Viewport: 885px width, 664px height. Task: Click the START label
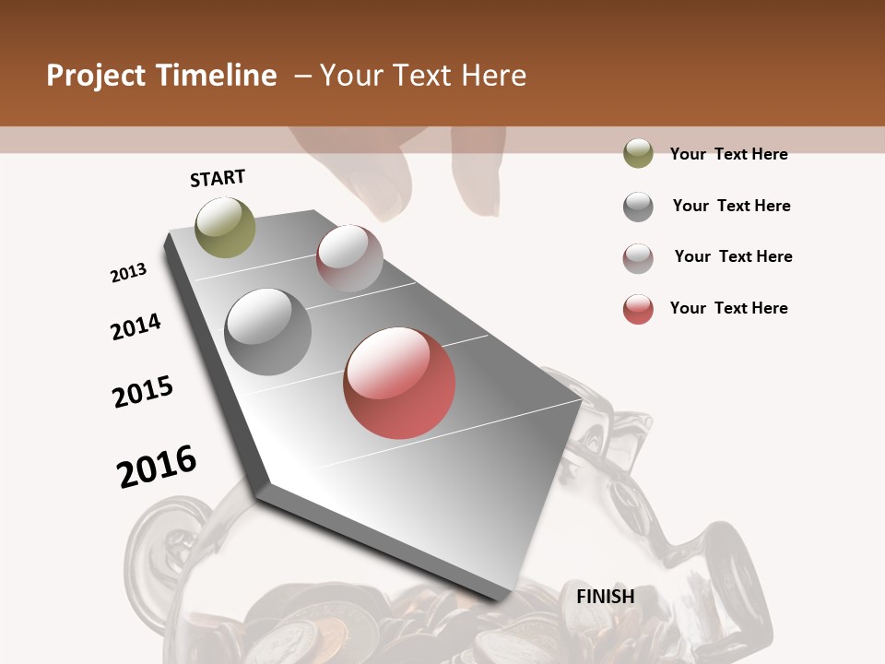point(218,178)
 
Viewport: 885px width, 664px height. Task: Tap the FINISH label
point(605,597)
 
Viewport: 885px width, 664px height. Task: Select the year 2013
point(128,273)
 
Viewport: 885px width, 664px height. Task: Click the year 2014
point(136,326)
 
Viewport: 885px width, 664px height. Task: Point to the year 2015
point(143,392)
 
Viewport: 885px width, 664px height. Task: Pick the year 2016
point(157,466)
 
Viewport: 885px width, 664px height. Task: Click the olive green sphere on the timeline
point(225,227)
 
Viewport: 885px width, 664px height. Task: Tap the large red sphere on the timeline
point(399,383)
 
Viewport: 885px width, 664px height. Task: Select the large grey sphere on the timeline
point(268,331)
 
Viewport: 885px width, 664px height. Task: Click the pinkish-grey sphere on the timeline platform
point(349,258)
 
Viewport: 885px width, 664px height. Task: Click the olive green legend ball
point(638,153)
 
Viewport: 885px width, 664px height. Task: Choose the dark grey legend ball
point(638,207)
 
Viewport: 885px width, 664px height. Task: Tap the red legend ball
point(638,309)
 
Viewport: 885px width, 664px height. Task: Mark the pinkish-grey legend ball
point(638,258)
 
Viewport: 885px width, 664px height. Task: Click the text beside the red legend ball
point(728,308)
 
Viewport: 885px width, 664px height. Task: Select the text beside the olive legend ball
point(728,154)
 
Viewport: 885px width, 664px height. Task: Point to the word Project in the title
point(96,76)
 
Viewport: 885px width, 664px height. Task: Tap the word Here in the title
point(493,76)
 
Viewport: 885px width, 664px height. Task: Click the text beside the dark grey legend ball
point(731,206)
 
